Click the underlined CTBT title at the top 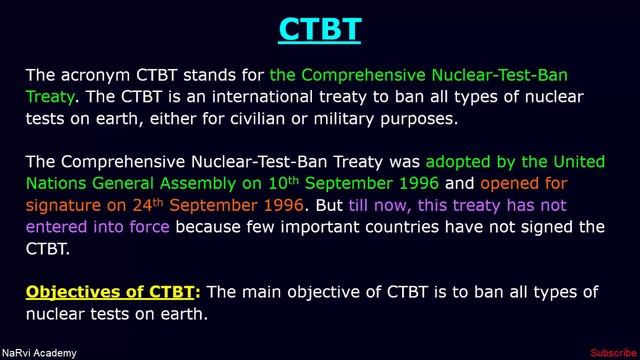319,29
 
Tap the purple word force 146,227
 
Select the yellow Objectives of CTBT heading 113,292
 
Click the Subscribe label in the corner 612,353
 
